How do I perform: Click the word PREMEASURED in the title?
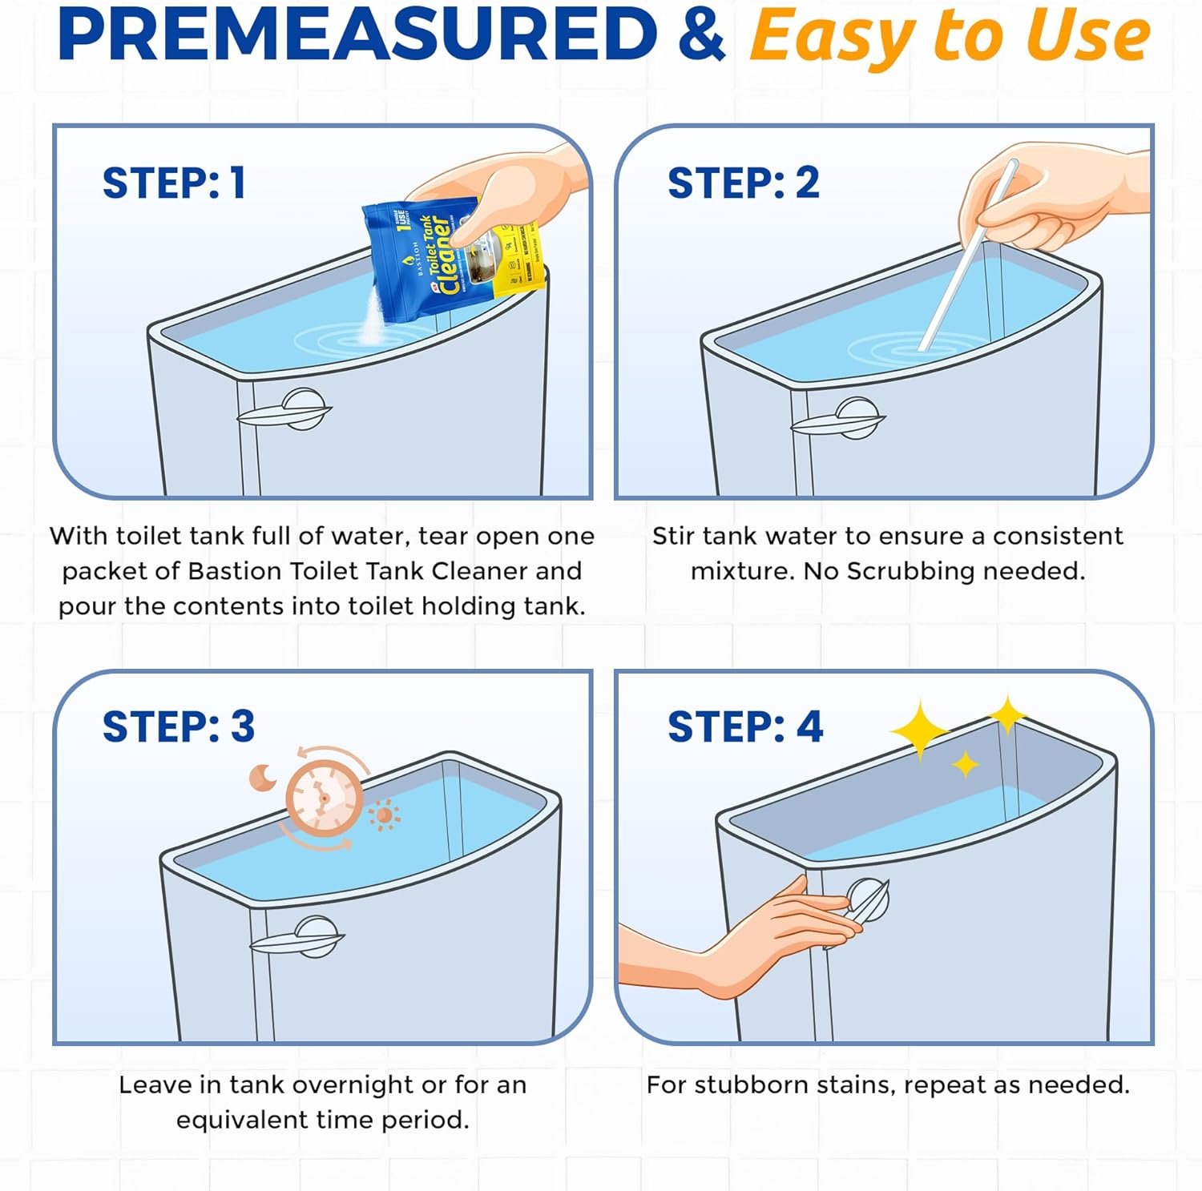357,35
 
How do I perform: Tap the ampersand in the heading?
701,35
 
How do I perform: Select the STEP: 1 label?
174,183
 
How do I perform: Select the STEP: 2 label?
743,183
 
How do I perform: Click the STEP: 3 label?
178,726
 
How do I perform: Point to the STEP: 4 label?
744,726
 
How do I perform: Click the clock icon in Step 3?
322,797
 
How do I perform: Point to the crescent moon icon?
261,777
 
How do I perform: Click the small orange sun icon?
384,815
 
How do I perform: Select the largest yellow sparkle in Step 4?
919,730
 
